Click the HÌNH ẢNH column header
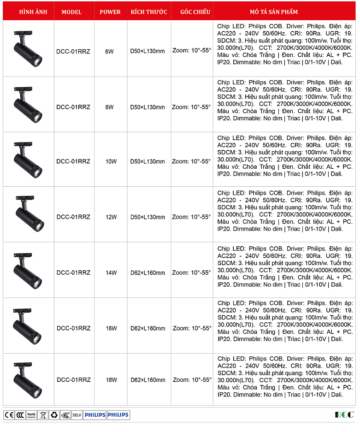28,12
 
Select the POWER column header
110,12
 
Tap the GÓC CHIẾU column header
192,12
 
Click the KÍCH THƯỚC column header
149,12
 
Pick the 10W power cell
111,162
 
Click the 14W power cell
111,273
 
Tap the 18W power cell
111,380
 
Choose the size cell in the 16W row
148,329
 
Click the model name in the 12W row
73,217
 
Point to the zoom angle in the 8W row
191,107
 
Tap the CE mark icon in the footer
9,415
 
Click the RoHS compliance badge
31,415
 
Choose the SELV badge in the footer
77,415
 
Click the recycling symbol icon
54,415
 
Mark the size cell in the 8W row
148,107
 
